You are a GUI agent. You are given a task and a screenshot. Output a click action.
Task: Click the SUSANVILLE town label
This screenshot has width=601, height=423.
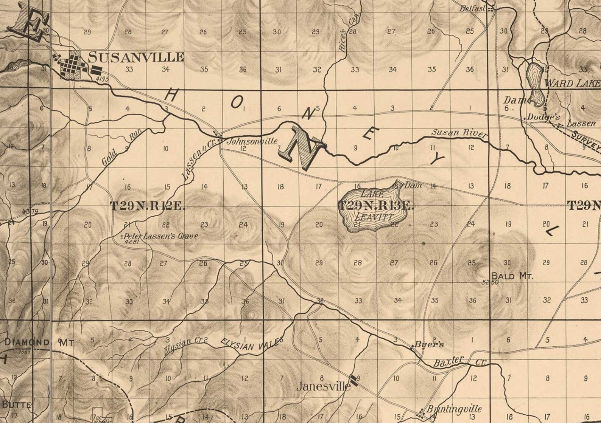tap(136, 57)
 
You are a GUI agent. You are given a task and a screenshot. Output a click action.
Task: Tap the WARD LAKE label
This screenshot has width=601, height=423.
tap(572, 83)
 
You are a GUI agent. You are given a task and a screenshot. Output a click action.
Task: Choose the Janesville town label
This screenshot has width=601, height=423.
tap(323, 386)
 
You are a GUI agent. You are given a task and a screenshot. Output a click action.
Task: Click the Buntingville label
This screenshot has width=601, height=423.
tap(454, 409)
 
